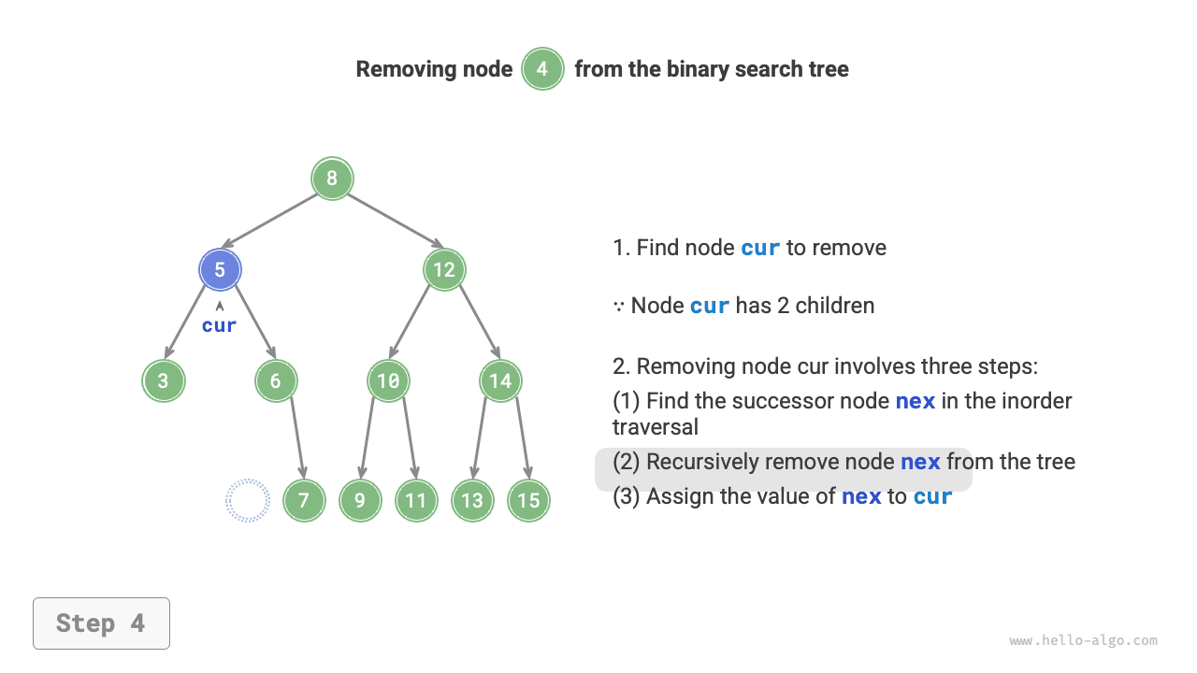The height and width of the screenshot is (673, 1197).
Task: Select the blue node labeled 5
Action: (220, 270)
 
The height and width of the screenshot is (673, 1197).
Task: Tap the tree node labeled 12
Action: (444, 270)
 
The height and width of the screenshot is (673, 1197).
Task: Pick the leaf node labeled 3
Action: (164, 381)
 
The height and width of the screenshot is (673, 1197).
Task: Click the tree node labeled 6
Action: (276, 381)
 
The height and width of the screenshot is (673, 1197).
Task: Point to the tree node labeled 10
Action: (388, 381)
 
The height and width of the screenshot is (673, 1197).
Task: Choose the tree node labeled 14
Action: (500, 381)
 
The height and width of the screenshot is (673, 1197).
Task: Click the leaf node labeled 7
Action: (304, 500)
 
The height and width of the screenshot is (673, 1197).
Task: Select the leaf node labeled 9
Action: (360, 500)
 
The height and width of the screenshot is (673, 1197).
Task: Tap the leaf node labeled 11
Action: (416, 500)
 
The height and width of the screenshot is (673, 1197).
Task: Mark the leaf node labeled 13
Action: (472, 500)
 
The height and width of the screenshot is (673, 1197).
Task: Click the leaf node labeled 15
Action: (528, 500)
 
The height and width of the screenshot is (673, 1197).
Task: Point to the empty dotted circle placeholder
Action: (248, 500)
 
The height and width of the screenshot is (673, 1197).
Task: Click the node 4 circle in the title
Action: (542, 69)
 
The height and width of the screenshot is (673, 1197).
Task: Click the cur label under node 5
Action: (220, 325)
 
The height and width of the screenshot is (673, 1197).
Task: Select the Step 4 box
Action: (101, 623)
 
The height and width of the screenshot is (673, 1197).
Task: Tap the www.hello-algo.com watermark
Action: (1083, 641)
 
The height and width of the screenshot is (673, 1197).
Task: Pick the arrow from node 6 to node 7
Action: (296, 437)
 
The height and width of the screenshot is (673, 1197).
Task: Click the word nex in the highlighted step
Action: (919, 462)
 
